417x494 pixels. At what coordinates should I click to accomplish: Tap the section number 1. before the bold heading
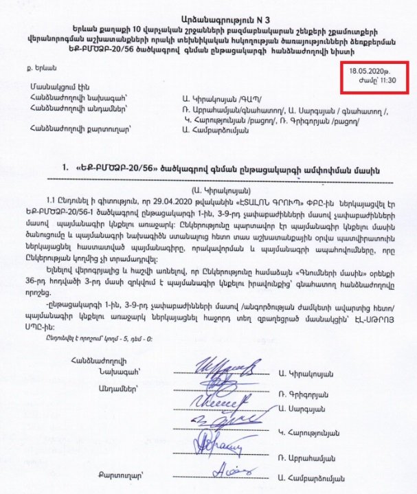coord(65,169)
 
